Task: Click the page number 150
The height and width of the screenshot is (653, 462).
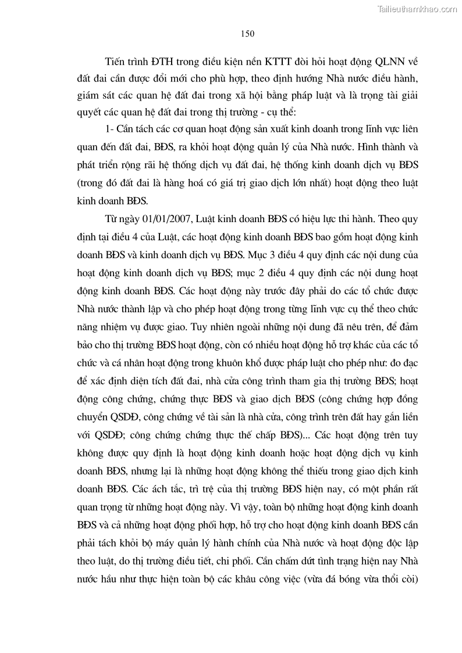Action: [x=247, y=34]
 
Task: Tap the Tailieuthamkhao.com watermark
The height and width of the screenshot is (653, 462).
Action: [x=418, y=9]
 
